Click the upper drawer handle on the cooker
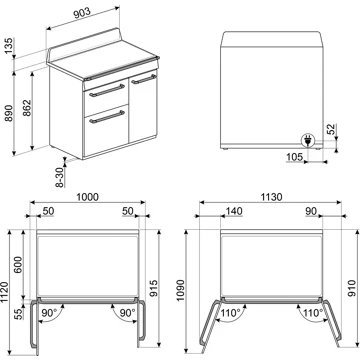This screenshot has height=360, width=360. click(x=103, y=91)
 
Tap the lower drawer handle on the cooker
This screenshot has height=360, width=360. click(x=103, y=118)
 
